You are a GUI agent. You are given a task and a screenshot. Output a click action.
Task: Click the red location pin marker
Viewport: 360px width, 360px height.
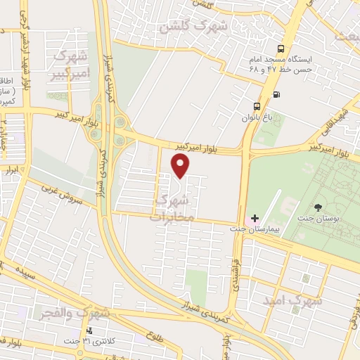tap(181, 166)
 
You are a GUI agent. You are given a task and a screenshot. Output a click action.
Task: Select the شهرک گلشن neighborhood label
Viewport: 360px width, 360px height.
tap(194, 27)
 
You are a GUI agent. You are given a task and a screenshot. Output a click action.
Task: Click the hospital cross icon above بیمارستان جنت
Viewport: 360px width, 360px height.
tap(255, 218)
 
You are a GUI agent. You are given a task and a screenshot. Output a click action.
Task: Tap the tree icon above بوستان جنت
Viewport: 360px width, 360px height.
tap(319, 207)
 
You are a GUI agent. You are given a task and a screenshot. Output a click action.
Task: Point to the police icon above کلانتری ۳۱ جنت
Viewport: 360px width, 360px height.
tap(89, 330)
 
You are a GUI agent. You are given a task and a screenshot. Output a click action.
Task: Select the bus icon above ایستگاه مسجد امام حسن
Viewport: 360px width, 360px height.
tap(281, 49)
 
